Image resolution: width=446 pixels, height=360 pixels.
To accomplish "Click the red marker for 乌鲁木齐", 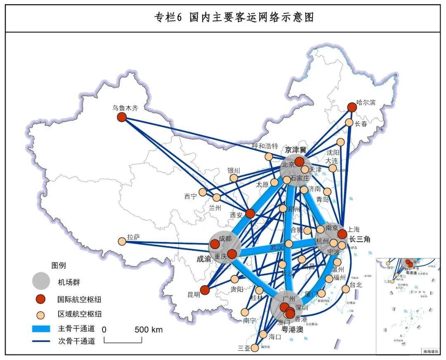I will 121,117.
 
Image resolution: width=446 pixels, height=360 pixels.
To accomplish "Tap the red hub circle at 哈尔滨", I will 351,107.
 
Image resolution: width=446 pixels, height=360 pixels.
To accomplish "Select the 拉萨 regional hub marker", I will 122,241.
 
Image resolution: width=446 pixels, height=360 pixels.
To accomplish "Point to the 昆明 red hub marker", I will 204,290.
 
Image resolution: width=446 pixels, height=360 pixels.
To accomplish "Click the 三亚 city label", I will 244,348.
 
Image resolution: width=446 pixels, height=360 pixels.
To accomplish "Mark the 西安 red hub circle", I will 250,213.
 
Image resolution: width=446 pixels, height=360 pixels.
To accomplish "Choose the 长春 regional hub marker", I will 349,123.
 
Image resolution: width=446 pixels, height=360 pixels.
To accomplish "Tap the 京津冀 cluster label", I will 296,149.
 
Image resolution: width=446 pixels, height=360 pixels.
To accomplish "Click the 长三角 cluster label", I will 360,239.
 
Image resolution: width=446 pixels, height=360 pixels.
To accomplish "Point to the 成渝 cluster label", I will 204,259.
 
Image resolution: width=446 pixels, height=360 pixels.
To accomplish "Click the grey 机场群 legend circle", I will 41,281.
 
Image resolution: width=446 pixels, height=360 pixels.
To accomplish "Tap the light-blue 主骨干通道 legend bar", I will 41,329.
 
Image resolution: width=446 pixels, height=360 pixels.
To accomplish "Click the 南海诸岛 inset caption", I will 431,351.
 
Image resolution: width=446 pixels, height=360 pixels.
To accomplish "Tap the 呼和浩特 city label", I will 265,146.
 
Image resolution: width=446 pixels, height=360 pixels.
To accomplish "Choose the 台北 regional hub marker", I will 346,289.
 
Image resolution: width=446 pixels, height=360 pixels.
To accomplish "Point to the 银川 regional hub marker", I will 234,178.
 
